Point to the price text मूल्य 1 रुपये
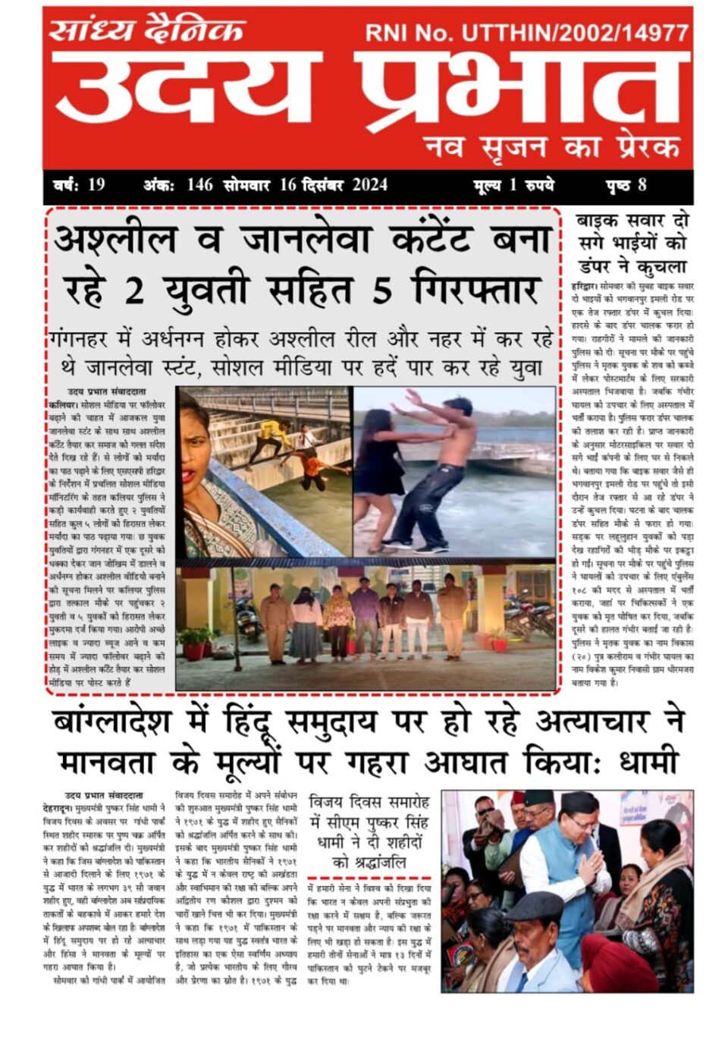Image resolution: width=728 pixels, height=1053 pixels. point(513,185)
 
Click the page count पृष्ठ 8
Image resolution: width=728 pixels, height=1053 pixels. point(626,185)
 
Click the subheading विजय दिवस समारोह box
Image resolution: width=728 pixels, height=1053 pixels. point(370,831)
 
